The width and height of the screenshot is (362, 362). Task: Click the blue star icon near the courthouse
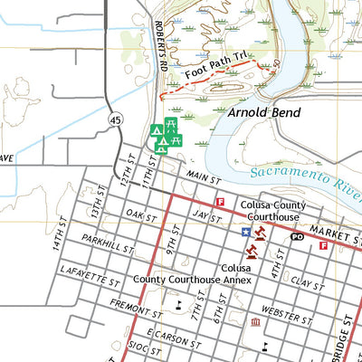tap(245, 232)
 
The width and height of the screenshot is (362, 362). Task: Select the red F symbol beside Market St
tap(323, 245)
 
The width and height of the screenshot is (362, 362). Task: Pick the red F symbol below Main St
tap(219, 202)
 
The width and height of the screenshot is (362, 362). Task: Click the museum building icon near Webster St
tap(256, 321)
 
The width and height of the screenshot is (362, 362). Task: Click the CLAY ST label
tap(307, 283)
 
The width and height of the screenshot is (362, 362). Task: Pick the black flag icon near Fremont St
tap(180, 305)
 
